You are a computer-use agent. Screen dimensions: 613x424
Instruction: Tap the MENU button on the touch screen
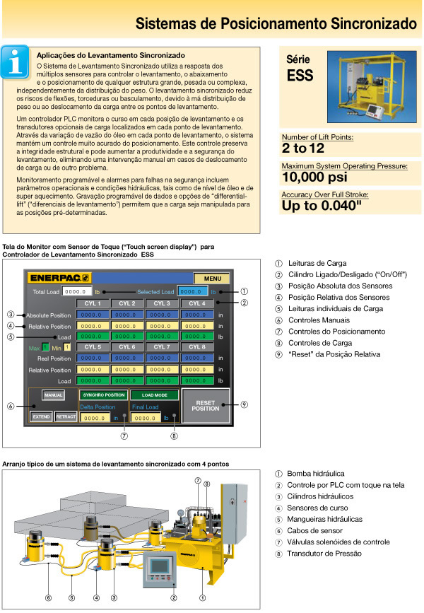point(211,279)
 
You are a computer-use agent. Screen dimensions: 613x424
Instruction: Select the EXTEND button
point(41,417)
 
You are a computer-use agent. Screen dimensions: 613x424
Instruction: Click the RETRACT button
point(66,417)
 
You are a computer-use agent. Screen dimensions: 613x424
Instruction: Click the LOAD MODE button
point(154,395)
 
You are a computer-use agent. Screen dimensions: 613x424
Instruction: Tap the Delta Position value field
point(93,418)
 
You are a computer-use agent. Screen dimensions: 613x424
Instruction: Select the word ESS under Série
point(300,76)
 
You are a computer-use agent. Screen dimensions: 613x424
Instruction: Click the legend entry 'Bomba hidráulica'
point(314,473)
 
